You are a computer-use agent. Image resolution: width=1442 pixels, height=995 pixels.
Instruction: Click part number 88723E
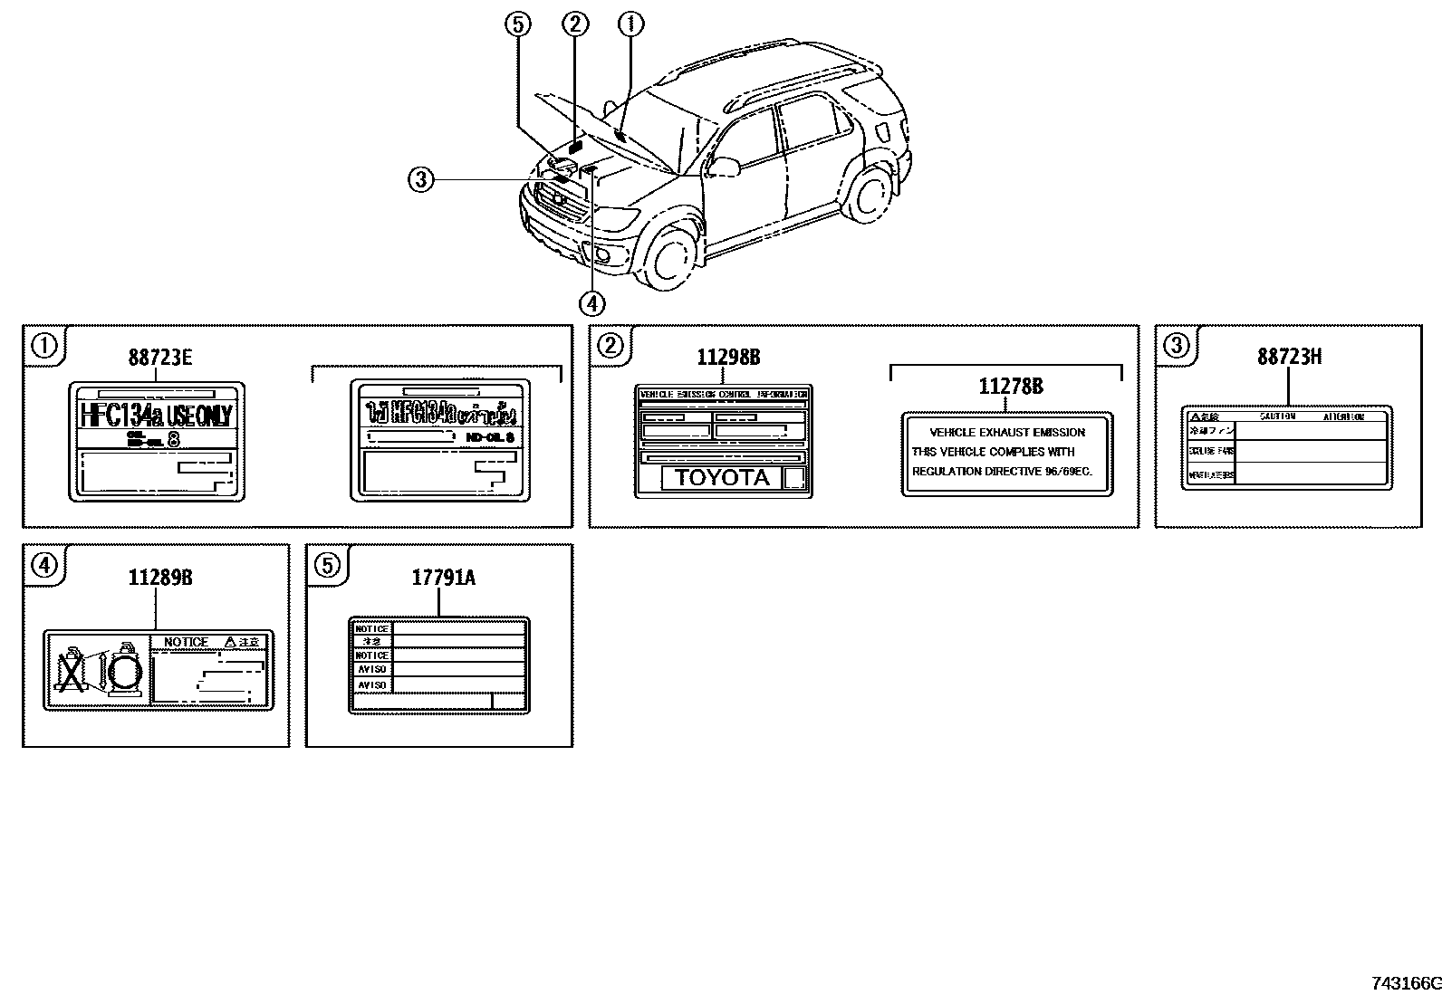[x=159, y=358]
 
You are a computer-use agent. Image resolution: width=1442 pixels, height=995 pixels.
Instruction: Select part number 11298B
[x=728, y=358]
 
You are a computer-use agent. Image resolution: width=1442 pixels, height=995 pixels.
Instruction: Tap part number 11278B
[x=1010, y=387]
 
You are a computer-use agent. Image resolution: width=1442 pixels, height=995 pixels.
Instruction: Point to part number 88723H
[x=1289, y=357]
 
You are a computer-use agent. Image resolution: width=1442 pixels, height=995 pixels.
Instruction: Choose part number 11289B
[x=159, y=578]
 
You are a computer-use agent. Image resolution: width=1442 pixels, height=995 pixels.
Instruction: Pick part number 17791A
[x=443, y=578]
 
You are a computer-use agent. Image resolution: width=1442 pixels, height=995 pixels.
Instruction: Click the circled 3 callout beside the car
[x=419, y=180]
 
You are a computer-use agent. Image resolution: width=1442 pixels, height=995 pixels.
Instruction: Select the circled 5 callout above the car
[x=518, y=24]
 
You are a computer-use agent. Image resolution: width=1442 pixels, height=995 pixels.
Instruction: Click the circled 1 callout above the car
[x=630, y=24]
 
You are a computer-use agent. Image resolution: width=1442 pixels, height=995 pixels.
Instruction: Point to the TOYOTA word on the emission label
[x=722, y=478]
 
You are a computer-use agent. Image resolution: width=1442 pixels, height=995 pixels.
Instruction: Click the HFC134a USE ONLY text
[x=157, y=416]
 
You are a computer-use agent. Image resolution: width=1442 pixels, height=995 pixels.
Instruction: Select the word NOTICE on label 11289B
[x=186, y=642]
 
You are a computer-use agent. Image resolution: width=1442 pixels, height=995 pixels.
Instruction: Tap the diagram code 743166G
[x=1405, y=983]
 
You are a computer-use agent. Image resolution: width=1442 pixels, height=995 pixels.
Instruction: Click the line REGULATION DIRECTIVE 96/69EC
[x=1002, y=472]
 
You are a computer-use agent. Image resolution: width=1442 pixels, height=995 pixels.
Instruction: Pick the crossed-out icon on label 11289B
[x=69, y=671]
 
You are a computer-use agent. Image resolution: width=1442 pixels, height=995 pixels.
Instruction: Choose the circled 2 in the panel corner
[x=611, y=346]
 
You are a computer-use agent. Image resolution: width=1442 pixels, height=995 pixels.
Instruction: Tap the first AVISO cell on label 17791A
[x=371, y=669]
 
